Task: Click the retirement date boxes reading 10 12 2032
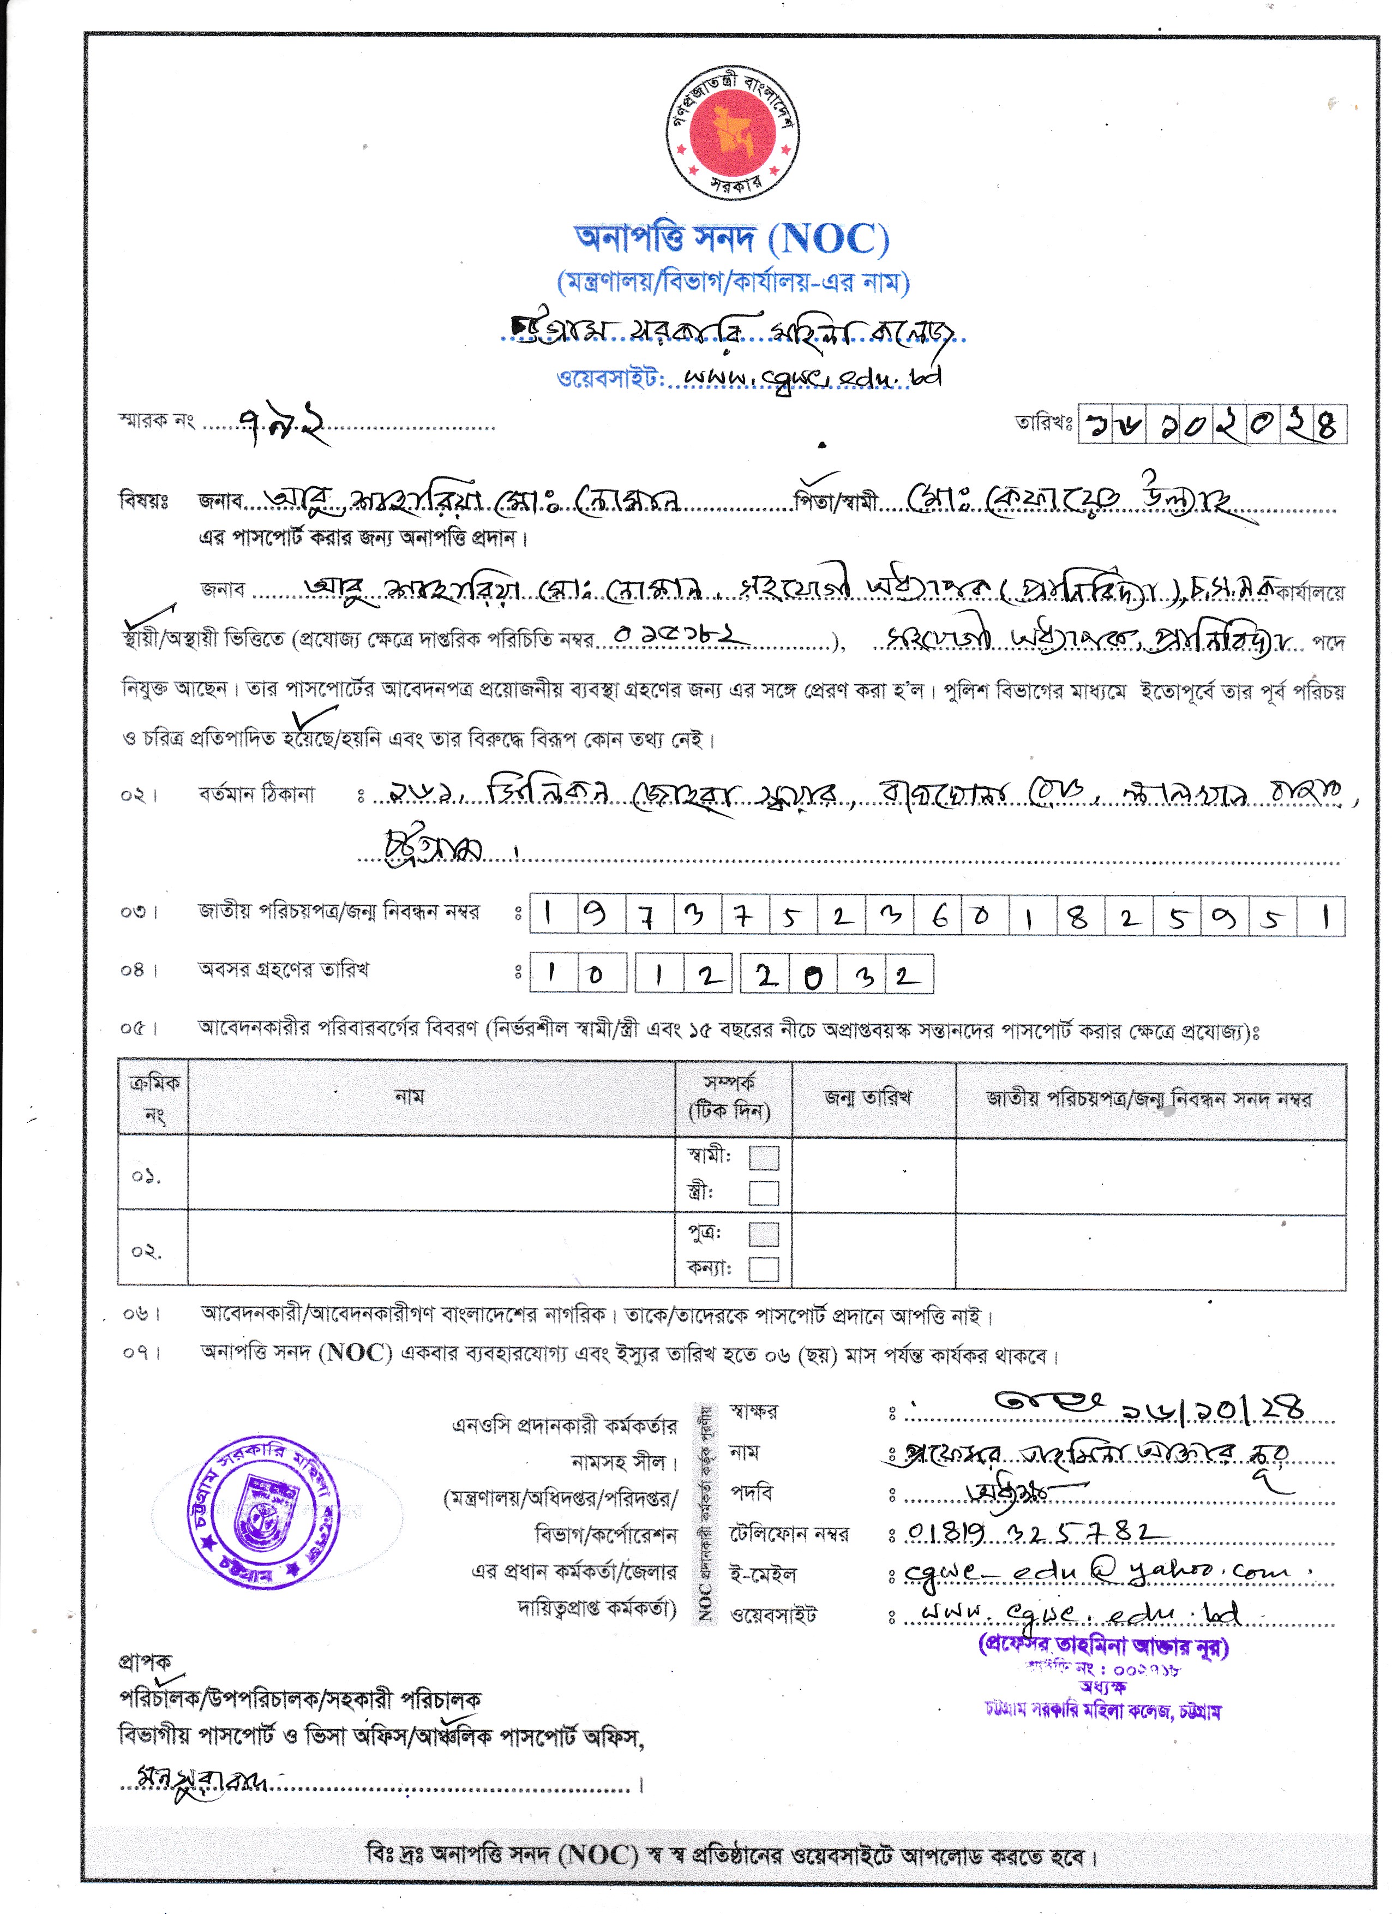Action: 730,974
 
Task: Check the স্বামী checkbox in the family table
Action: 764,1157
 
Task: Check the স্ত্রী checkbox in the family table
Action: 764,1193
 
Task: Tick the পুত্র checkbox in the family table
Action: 764,1233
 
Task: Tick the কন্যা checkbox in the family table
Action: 764,1269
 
